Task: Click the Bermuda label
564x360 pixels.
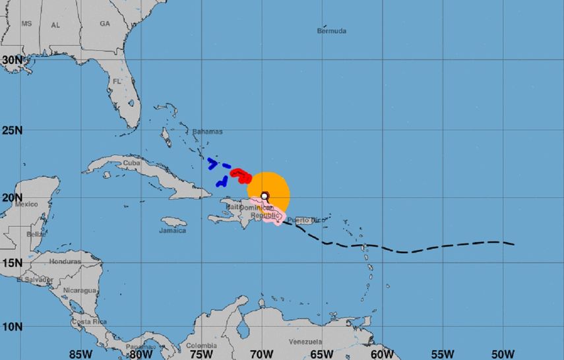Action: click(x=331, y=31)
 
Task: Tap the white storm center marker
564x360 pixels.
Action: click(x=265, y=195)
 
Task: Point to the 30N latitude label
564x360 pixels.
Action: click(x=12, y=59)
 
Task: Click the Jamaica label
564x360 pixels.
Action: click(x=173, y=231)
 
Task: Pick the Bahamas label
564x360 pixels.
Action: click(x=207, y=131)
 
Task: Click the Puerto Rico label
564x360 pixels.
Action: click(x=303, y=220)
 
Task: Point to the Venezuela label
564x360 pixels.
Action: click(x=305, y=342)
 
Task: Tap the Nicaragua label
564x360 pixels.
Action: click(x=80, y=290)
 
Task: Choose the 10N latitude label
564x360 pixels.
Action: click(x=12, y=326)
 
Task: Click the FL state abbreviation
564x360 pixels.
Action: click(x=117, y=81)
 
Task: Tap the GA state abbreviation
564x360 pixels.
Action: click(x=104, y=23)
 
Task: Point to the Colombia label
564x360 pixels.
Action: click(x=201, y=345)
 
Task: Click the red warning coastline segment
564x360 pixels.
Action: click(x=241, y=175)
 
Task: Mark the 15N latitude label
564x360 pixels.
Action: click(x=12, y=262)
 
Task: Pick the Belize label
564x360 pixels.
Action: click(x=36, y=234)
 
